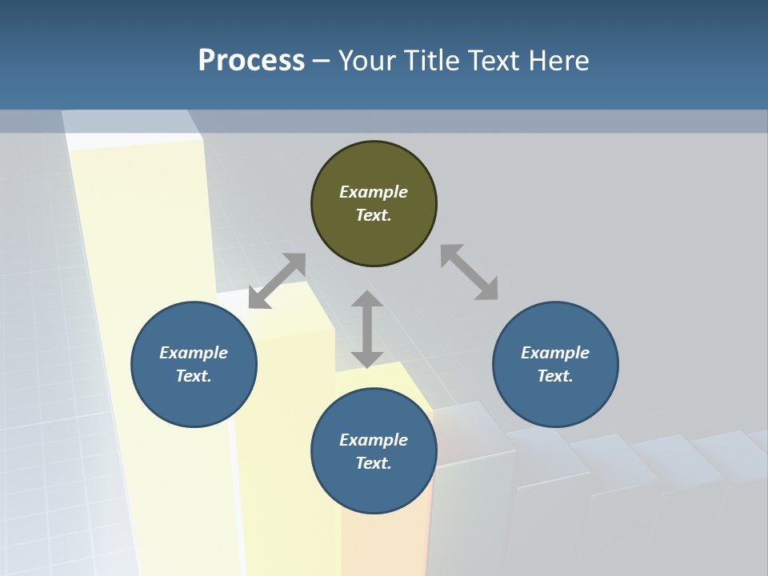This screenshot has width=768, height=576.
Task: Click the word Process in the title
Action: (x=251, y=61)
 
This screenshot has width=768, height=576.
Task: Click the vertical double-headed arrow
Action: (x=367, y=329)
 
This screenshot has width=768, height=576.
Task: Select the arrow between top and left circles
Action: (x=277, y=281)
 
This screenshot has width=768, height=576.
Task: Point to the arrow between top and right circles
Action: (x=469, y=273)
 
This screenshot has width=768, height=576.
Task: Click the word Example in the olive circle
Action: (x=374, y=192)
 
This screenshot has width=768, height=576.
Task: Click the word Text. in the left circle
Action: (x=194, y=376)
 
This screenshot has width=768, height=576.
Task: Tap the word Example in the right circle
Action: (x=555, y=353)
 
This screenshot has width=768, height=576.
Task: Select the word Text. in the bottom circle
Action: (x=374, y=463)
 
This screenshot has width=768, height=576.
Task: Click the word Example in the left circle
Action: (x=194, y=353)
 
